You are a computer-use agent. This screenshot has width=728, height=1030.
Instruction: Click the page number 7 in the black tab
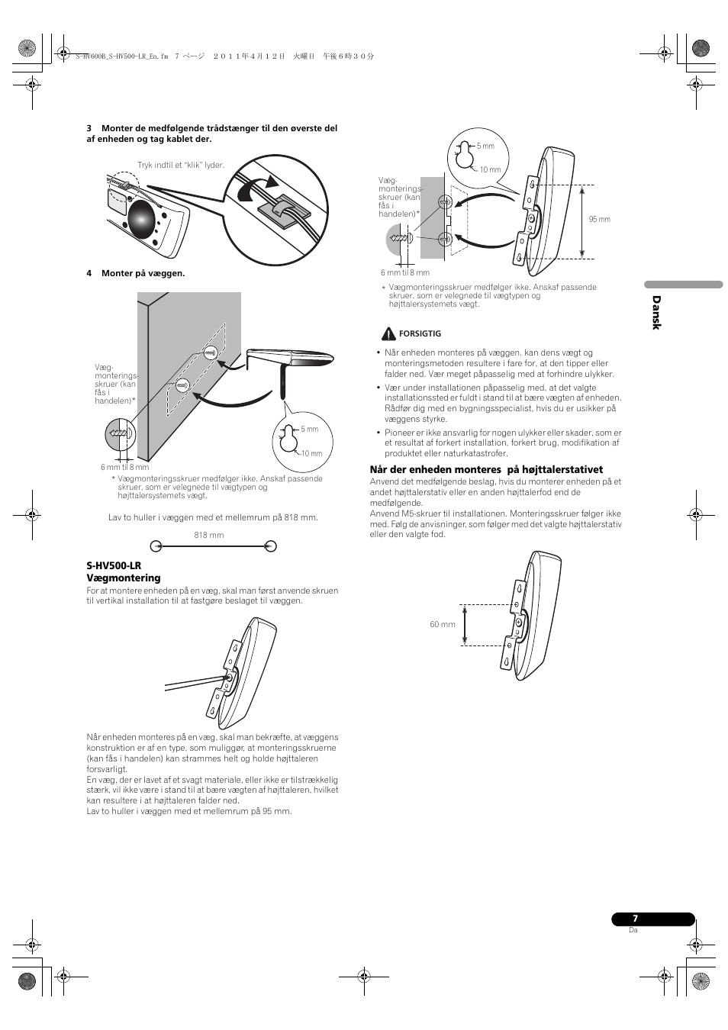click(633, 919)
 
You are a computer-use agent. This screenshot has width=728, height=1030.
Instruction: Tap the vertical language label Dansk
click(656, 313)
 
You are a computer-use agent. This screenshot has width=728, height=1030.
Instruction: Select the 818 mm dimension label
click(209, 535)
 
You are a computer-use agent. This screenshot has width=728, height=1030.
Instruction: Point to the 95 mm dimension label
click(600, 220)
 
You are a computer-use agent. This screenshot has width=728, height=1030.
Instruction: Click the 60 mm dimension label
click(443, 624)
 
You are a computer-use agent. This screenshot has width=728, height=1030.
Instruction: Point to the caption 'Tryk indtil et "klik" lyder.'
click(181, 165)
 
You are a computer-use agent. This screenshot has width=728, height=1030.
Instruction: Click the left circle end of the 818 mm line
click(156, 546)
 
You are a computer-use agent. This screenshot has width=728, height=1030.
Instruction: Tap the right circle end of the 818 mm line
click(270, 546)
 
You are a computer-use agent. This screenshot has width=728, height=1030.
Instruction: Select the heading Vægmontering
click(124, 578)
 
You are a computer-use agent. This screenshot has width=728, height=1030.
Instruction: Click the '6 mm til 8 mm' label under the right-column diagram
click(405, 272)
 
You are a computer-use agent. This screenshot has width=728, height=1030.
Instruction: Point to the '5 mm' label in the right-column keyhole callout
click(486, 146)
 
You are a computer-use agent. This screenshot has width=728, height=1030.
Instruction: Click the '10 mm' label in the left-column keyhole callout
click(311, 453)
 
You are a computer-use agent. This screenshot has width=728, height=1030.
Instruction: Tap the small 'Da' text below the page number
click(633, 930)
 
